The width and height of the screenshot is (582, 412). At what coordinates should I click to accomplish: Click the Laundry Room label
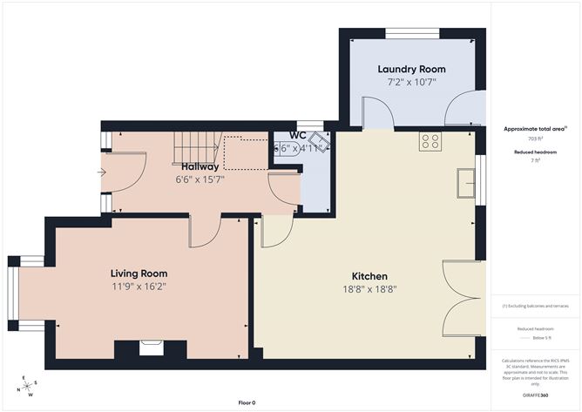pyautogui.click(x=411, y=69)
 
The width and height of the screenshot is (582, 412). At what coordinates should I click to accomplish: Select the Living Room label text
pyautogui.click(x=139, y=272)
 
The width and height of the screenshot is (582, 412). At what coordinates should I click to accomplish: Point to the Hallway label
pyautogui.click(x=200, y=166)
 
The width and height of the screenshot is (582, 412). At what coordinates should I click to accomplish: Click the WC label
pyautogui.click(x=297, y=136)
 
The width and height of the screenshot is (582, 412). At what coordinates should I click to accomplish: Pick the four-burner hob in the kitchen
pyautogui.click(x=430, y=141)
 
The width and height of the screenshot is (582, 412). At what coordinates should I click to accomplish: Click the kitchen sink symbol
pyautogui.click(x=465, y=183)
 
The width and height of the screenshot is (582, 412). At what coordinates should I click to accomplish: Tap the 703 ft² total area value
pyautogui.click(x=535, y=138)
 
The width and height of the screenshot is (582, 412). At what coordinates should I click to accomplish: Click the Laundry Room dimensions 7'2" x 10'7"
pyautogui.click(x=411, y=83)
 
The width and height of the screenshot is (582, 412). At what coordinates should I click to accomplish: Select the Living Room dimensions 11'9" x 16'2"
pyautogui.click(x=139, y=286)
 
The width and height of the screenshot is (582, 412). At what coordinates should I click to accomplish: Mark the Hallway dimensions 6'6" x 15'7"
pyautogui.click(x=200, y=179)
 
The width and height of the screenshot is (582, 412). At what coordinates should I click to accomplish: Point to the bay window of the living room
pyautogui.click(x=17, y=294)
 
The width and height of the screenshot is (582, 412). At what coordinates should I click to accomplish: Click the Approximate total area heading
pyautogui.click(x=535, y=128)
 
